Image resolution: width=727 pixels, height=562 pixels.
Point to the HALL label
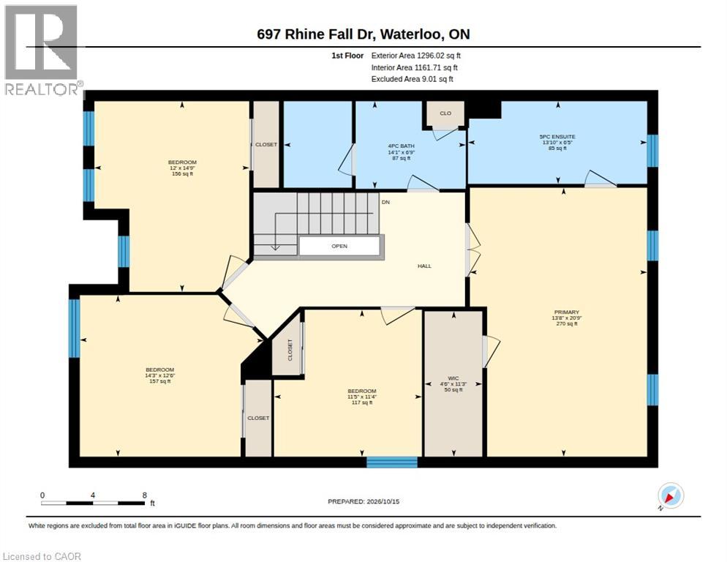point(424,266)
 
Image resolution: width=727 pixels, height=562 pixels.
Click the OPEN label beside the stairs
point(339,246)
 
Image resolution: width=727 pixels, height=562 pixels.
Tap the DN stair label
point(385,203)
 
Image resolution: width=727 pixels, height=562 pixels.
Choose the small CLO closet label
point(445,113)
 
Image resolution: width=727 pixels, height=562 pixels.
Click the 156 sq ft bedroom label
point(182,168)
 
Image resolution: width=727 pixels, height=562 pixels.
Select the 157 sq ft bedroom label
point(160,375)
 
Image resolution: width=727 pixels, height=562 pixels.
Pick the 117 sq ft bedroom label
point(362,397)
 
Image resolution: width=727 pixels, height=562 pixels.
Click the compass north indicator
point(671,496)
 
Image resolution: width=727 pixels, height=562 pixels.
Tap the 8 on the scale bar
point(145,495)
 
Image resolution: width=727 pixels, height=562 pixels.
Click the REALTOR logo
point(42,50)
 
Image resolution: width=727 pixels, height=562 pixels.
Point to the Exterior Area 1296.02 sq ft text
point(416,56)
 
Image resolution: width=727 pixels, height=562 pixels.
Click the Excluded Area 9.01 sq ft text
point(413,79)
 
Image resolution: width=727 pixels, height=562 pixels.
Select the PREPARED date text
point(363,501)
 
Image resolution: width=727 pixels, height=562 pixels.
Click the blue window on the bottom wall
point(392,462)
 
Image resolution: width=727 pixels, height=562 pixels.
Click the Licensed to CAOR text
point(42,556)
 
